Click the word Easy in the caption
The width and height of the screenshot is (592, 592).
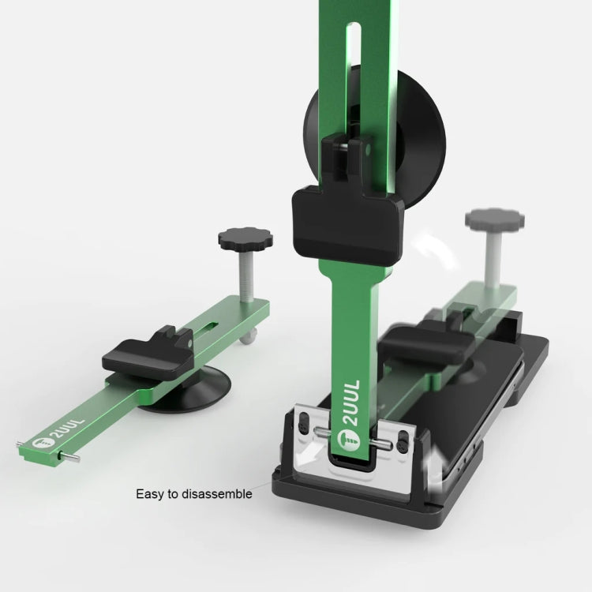149,494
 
